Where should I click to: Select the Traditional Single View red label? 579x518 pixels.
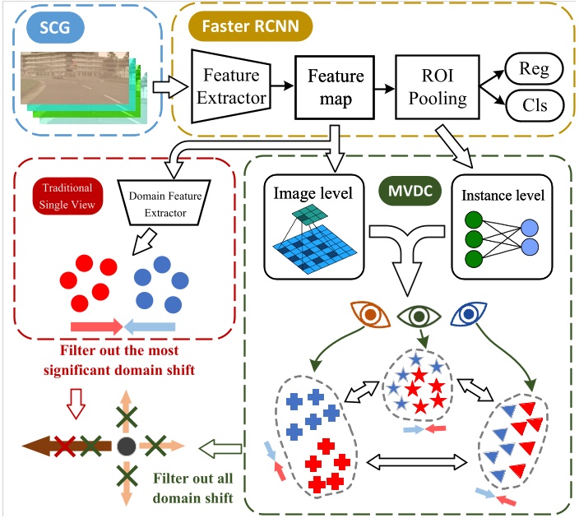(63, 194)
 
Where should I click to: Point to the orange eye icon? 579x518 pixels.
(369, 314)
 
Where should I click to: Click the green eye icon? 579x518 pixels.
(419, 314)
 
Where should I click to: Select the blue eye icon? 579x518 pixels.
(468, 314)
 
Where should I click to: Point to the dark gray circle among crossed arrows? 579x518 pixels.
(125, 446)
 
